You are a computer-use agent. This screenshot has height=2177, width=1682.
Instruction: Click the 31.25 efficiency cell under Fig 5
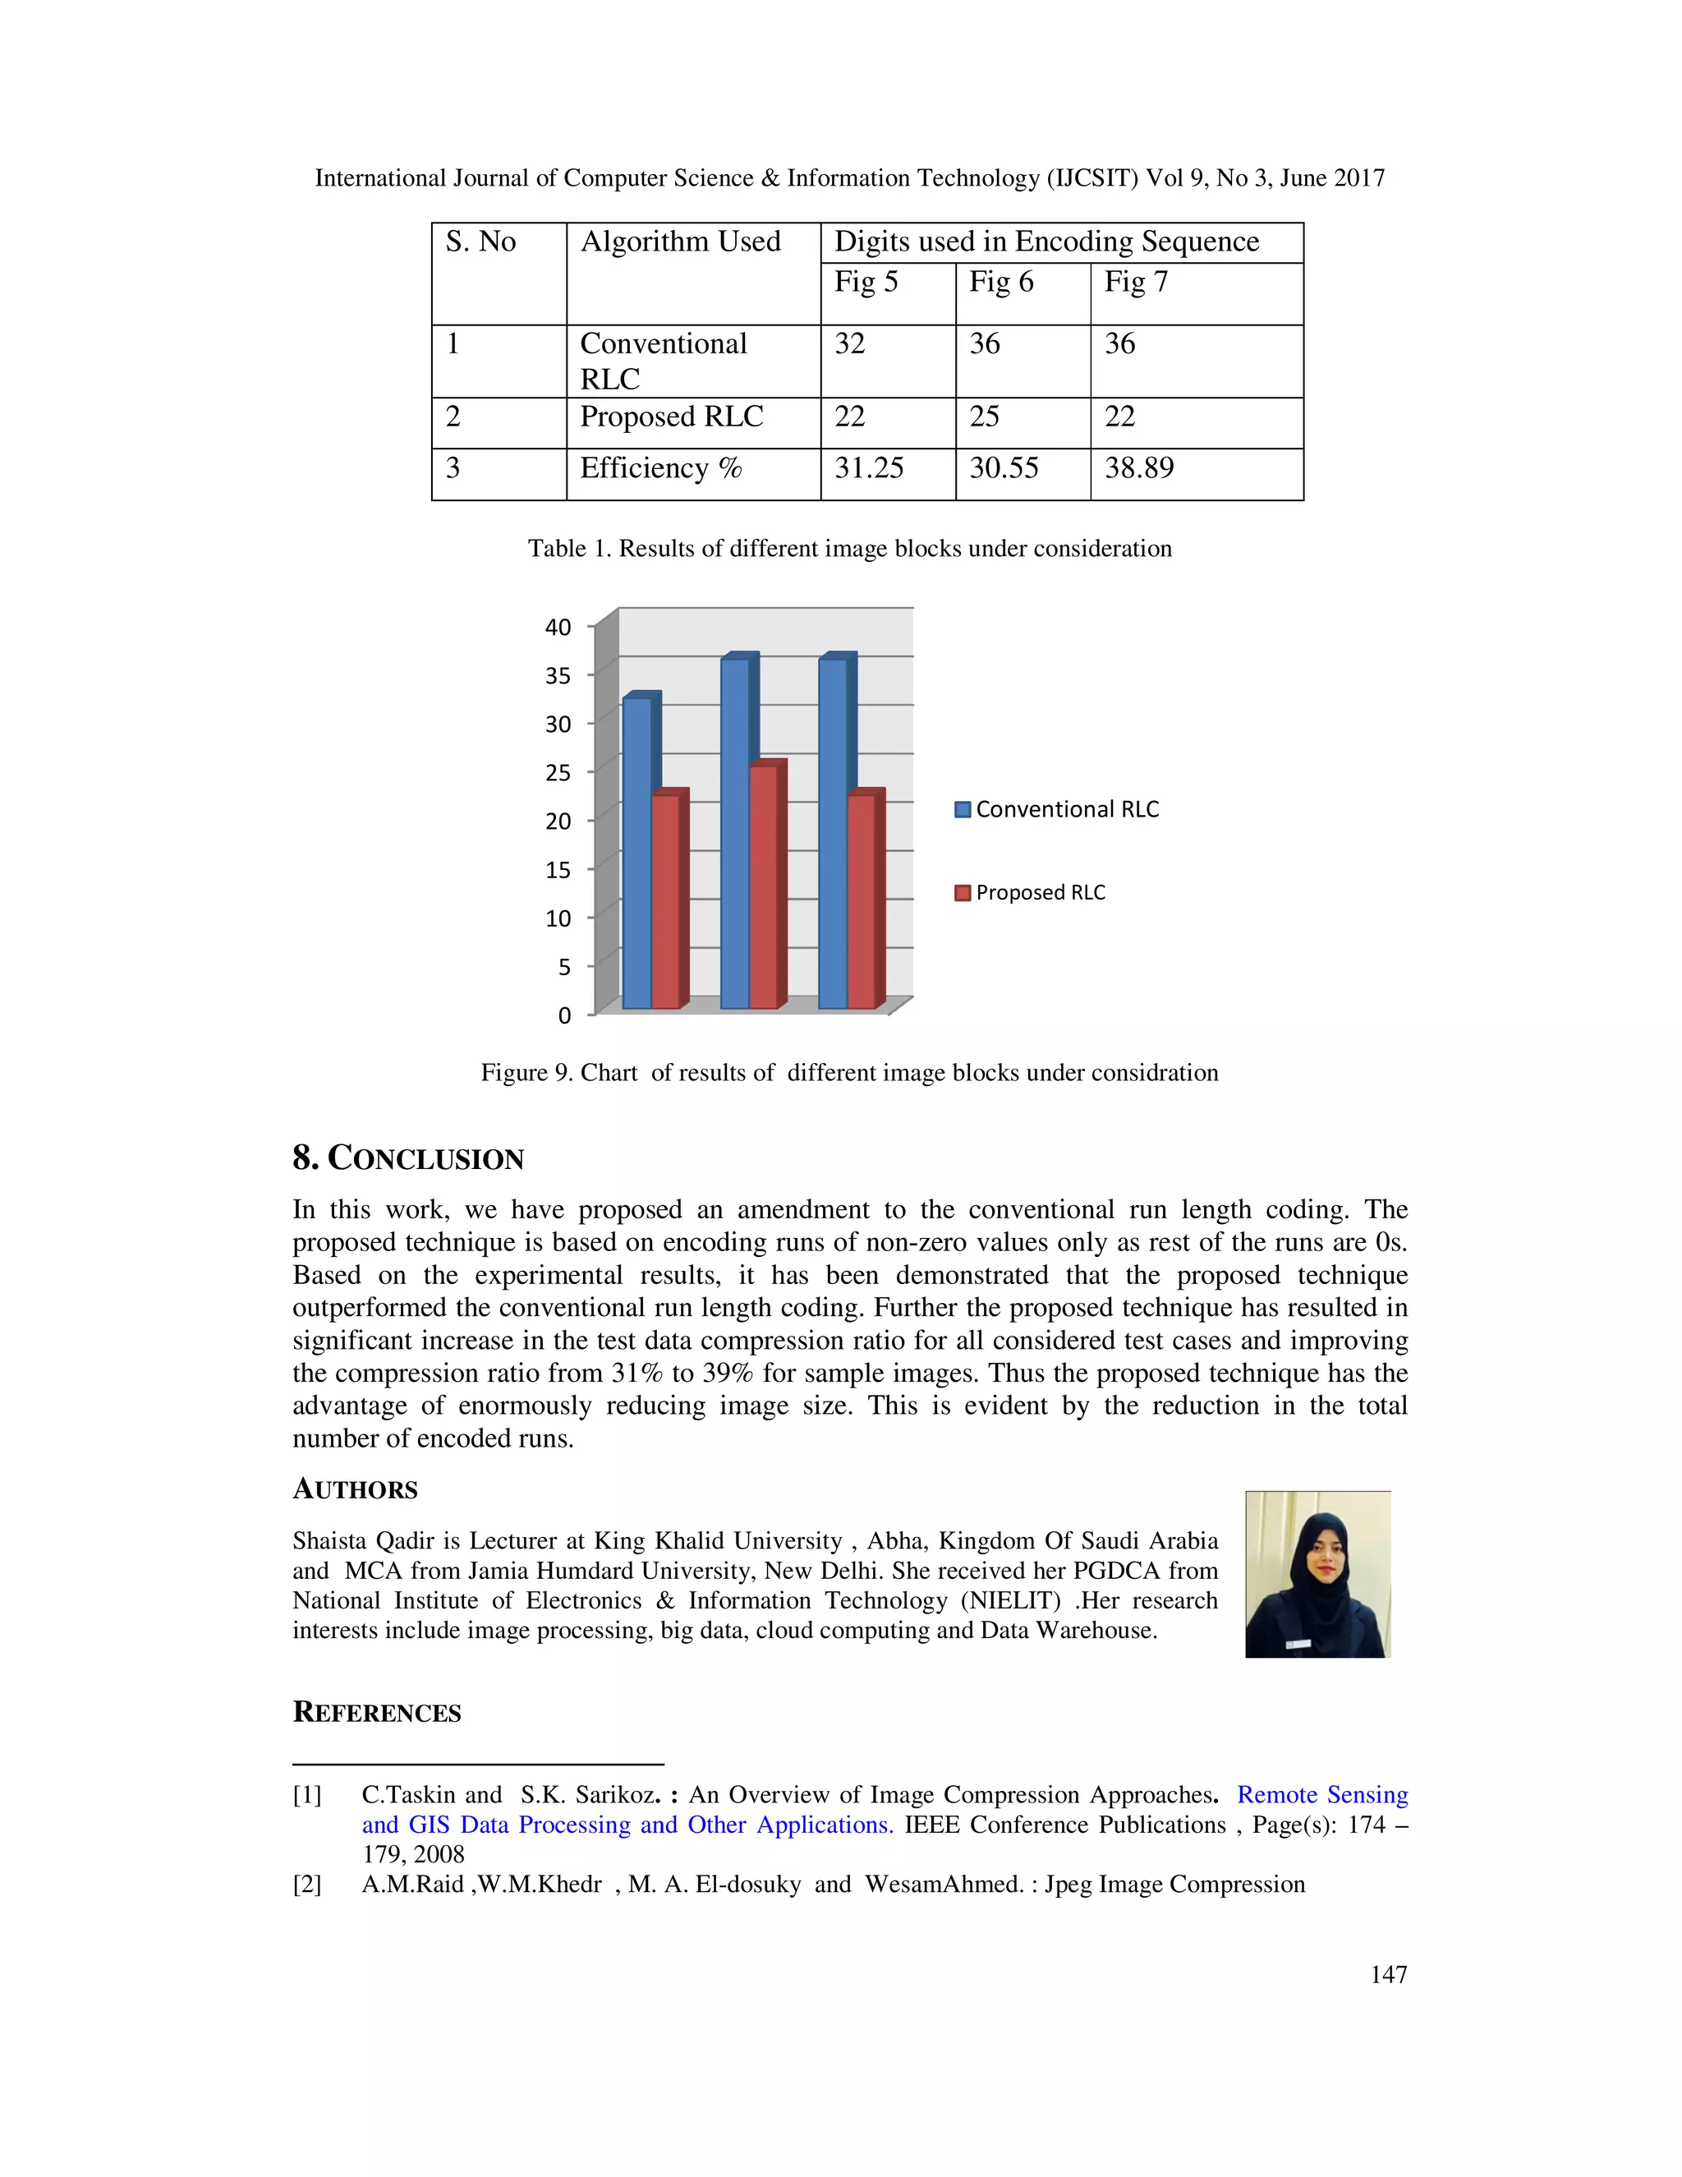coord(868,467)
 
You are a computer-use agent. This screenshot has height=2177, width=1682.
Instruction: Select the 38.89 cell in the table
coord(1139,467)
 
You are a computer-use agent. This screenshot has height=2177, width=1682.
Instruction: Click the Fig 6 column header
coord(1000,282)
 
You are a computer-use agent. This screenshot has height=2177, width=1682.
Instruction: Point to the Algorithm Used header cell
coord(681,242)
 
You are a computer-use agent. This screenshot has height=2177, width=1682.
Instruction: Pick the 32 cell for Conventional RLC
coord(849,344)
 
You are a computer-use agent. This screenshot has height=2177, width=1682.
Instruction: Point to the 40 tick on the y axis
coord(558,627)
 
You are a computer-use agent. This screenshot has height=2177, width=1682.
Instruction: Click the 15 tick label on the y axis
coord(558,870)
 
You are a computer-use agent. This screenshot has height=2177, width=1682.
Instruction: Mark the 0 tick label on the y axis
coord(564,1015)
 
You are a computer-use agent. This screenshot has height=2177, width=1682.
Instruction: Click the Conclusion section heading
coord(408,1158)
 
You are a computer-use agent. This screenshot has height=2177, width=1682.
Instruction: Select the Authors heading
coord(355,1489)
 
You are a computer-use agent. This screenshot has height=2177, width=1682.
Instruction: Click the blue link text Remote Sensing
coord(1321,1794)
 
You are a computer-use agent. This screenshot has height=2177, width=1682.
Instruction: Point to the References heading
coord(377,1713)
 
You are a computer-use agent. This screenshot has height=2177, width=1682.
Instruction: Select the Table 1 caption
coord(849,548)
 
